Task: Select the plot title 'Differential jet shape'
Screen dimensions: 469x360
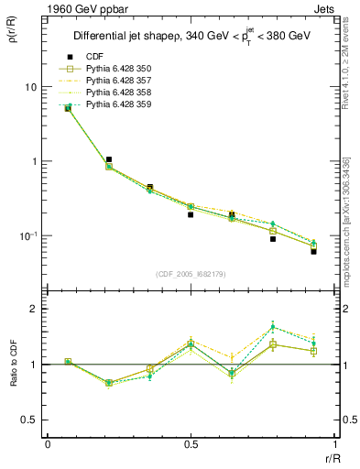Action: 129,37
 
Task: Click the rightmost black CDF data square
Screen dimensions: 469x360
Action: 313,251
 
